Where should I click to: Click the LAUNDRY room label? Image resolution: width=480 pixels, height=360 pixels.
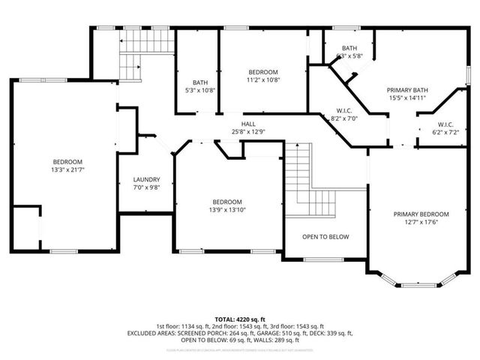click(x=146, y=179)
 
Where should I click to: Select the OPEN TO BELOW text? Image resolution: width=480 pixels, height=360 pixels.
click(x=325, y=236)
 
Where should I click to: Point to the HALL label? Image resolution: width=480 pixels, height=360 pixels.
click(x=249, y=124)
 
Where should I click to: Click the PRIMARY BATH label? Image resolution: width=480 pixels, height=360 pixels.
click(x=406, y=88)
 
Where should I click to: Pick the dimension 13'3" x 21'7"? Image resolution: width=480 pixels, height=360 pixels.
click(x=67, y=169)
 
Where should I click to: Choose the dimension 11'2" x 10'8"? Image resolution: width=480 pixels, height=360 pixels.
click(x=263, y=79)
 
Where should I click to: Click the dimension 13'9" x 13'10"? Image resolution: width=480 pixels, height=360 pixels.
click(x=226, y=210)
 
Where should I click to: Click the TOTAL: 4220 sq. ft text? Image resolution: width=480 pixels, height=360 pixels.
click(x=240, y=319)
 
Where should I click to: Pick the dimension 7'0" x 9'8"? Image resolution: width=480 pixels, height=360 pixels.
click(x=146, y=187)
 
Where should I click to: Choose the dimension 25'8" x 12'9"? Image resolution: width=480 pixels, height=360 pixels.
click(x=249, y=132)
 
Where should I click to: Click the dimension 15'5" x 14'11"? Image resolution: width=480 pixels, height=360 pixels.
click(x=406, y=97)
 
